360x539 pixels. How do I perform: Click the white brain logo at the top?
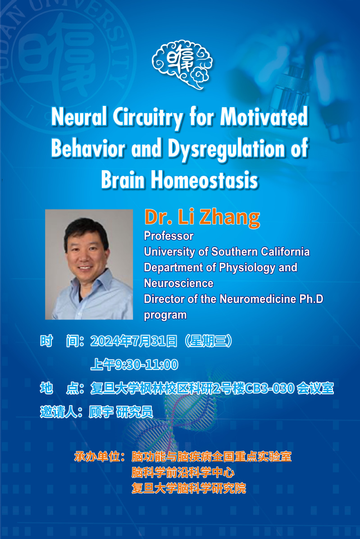182,64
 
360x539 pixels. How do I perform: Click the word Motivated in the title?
264,117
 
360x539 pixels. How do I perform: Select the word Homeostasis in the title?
205,180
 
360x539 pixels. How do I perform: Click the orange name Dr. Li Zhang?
202,218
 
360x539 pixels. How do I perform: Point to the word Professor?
169,236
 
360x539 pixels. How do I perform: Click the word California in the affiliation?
285,251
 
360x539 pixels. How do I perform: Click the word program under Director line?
165,315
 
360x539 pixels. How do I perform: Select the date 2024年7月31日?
134,341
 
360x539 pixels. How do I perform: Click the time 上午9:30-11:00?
134,365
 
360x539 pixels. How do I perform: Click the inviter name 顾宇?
101,412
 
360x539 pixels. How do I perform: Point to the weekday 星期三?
209,341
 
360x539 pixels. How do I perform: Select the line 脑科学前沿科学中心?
183,473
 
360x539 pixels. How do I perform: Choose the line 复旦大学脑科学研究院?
189,488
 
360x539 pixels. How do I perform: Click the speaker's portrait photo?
89,265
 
